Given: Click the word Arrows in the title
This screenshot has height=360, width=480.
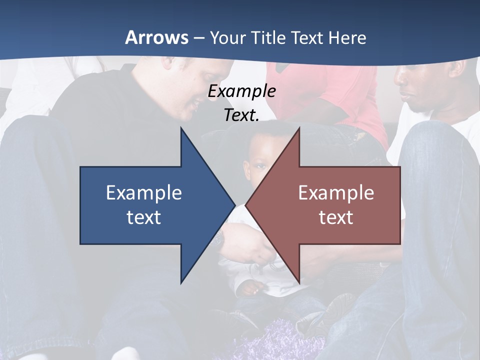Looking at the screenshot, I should point(156,37).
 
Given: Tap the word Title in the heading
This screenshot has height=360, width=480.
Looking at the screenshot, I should point(269,37).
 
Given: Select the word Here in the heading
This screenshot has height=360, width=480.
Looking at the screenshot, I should point(347,37).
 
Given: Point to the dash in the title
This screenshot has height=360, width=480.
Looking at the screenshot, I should point(198,38).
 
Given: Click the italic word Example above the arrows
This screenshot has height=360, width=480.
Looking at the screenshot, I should point(241,91).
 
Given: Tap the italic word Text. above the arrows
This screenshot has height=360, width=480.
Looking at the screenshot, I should point(241,115).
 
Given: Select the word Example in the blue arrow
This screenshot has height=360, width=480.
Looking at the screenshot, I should point(144,193).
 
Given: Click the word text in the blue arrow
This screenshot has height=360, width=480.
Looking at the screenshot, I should point(144,217).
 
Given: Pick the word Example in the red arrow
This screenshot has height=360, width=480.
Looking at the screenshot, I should point(336,193).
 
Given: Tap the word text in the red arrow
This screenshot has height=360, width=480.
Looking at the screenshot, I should point(336,217).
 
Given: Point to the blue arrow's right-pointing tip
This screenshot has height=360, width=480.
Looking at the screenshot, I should point(234,205).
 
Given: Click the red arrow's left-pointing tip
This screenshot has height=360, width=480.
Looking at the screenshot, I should point(246,205).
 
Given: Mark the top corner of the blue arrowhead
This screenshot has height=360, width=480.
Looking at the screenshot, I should point(181,128).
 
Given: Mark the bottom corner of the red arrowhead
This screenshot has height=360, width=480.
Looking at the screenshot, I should point(299,282).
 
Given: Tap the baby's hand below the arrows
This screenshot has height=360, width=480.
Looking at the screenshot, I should point(250,287).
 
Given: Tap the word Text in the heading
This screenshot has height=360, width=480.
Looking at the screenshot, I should point(307,37).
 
